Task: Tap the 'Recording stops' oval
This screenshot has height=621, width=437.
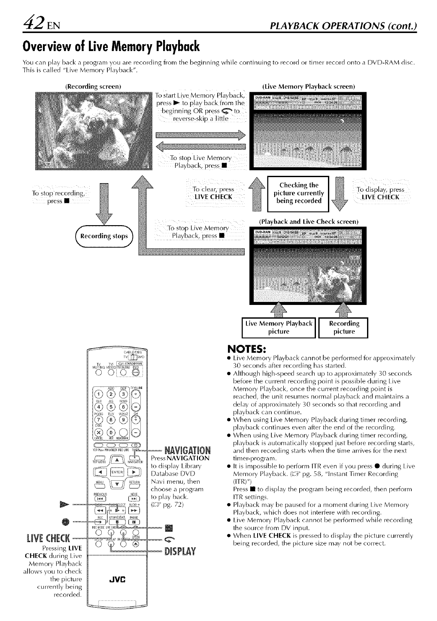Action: pyautogui.click(x=104, y=236)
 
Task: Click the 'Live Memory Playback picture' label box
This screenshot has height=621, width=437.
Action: pyautogui.click(x=279, y=327)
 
